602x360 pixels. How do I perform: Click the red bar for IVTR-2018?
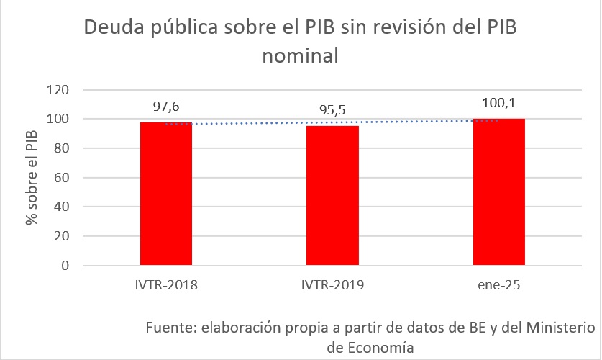pyautogui.click(x=166, y=194)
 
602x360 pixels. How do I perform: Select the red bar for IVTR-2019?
pyautogui.click(x=332, y=195)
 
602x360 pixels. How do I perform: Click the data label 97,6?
pyautogui.click(x=166, y=107)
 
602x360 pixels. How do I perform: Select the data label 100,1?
pyautogui.click(x=498, y=103)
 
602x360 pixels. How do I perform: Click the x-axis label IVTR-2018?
pyautogui.click(x=166, y=285)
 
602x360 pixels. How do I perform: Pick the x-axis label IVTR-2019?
pyautogui.click(x=332, y=285)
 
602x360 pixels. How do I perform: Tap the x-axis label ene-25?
pyautogui.click(x=498, y=285)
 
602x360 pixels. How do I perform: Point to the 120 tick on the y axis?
pyautogui.click(x=58, y=90)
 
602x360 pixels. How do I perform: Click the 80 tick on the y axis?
pyautogui.click(x=62, y=148)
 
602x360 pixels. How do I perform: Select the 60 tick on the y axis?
pyautogui.click(x=62, y=178)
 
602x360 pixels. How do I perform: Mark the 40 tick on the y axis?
pyautogui.click(x=62, y=207)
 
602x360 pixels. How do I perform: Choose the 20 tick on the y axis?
pyautogui.click(x=62, y=236)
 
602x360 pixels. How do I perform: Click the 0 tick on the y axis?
pyautogui.click(x=65, y=266)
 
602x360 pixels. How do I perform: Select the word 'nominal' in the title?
pyautogui.click(x=301, y=55)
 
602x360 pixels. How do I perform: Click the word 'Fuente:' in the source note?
pyautogui.click(x=170, y=328)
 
